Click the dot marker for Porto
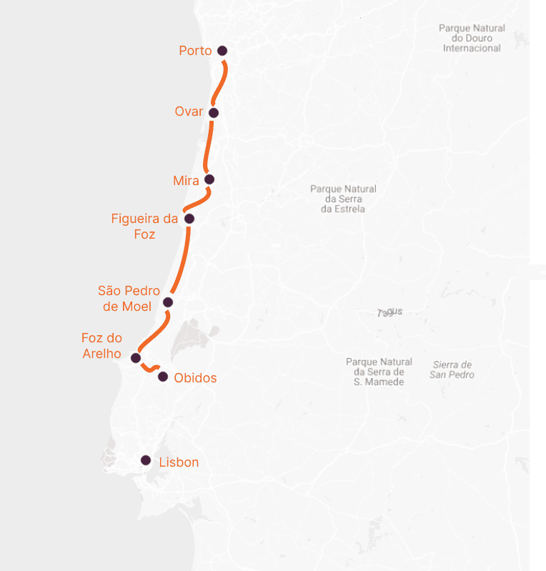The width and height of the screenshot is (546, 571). point(222,51)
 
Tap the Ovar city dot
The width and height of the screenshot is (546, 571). point(213,112)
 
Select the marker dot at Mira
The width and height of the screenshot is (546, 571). point(209,179)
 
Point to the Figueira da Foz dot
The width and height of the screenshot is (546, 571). point(189,219)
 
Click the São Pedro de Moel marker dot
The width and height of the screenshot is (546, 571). point(168,302)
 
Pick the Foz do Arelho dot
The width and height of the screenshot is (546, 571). point(136,358)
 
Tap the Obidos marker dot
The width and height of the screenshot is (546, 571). point(163,377)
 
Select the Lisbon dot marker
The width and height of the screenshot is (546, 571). point(146,461)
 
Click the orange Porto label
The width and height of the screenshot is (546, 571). point(195,51)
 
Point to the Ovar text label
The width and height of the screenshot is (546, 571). point(189,111)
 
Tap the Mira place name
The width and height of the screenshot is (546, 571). point(186,181)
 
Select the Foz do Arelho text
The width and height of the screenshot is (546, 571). point(101,346)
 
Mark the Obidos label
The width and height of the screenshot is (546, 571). point(195,378)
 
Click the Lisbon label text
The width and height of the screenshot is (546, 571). point(179,462)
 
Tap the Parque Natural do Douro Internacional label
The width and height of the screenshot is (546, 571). point(472,38)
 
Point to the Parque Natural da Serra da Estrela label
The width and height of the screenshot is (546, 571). point(343,199)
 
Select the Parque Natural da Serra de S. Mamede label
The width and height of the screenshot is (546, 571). point(379,372)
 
